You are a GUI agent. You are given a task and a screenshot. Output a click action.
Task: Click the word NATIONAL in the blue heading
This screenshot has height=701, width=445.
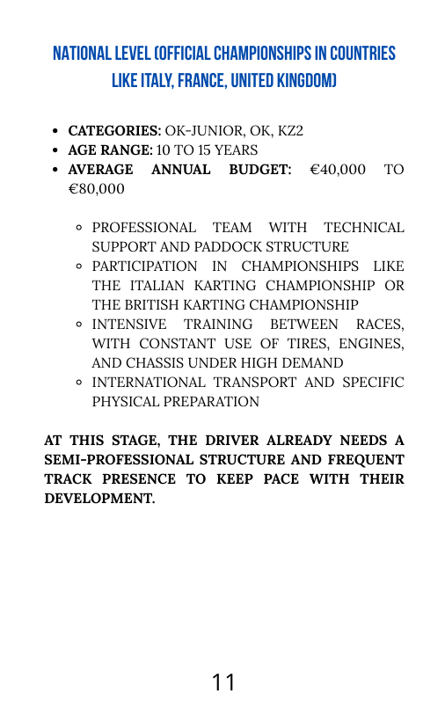pos(83,54)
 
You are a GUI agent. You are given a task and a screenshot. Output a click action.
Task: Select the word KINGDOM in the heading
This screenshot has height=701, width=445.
pos(300,81)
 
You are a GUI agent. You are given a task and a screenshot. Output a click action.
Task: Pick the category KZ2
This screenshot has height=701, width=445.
pos(288,131)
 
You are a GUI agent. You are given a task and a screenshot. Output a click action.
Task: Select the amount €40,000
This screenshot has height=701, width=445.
pos(338,170)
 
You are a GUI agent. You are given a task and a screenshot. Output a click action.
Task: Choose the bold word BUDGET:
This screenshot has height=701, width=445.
pos(260,170)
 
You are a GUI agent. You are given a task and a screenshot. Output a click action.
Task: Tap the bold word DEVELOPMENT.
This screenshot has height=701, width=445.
pos(99,499)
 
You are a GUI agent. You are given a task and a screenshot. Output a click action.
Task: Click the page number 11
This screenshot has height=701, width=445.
pos(223,682)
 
